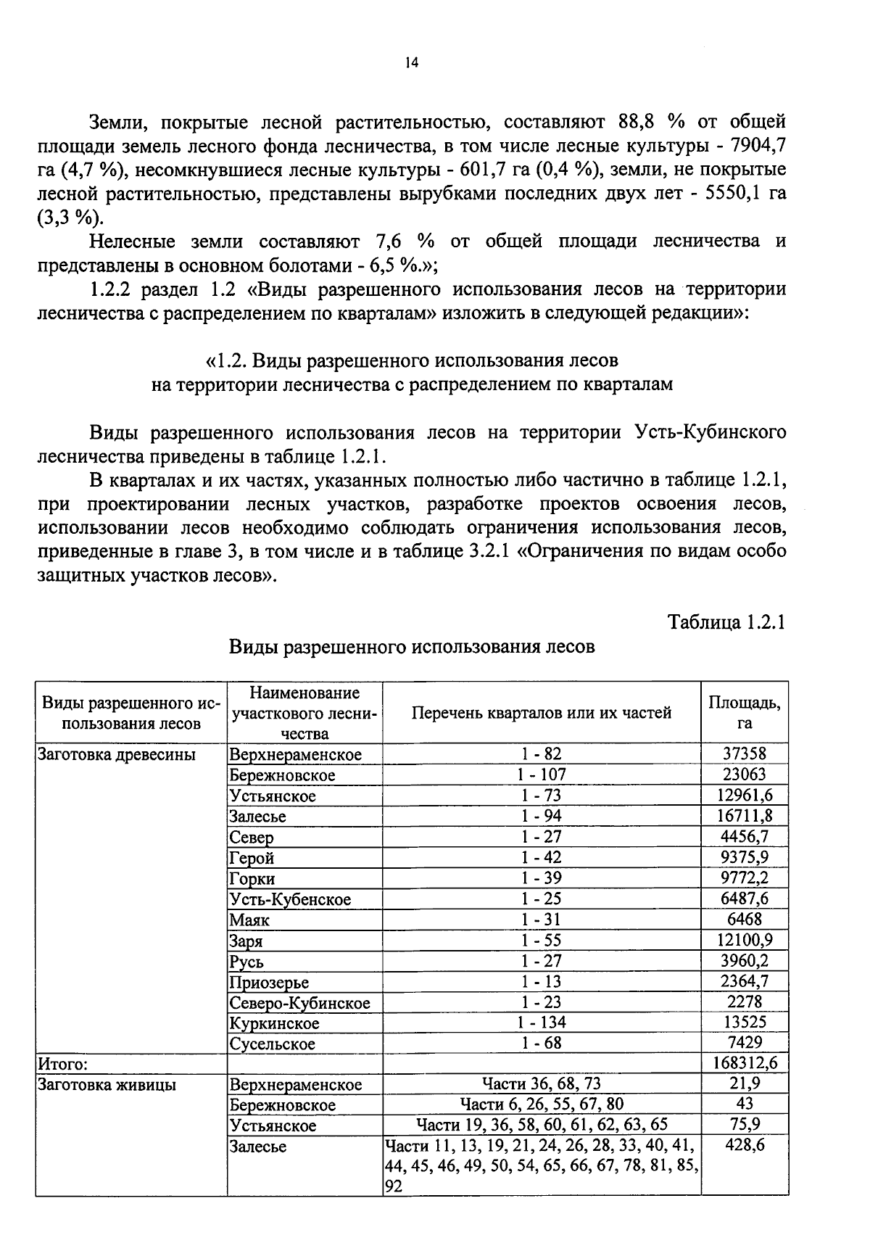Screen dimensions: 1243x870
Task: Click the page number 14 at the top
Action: [412, 63]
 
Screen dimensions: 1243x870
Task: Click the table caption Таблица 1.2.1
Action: [726, 622]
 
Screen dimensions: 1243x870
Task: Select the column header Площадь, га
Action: [744, 712]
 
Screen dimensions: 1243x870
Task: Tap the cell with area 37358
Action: [744, 754]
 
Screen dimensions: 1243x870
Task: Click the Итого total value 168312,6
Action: [744, 1064]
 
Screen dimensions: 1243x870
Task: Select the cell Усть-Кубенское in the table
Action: [290, 899]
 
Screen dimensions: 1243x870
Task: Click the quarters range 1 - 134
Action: [541, 1023]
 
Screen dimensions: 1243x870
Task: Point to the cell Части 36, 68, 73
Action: [541, 1084]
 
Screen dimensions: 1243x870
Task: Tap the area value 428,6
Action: [745, 1146]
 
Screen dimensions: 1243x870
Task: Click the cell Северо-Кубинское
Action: [299, 1003]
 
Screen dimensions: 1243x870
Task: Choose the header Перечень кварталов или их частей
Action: [541, 712]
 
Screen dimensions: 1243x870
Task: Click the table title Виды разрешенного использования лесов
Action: [412, 646]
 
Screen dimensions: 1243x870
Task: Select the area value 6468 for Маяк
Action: [744, 920]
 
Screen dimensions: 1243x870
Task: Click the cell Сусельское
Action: [273, 1044]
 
